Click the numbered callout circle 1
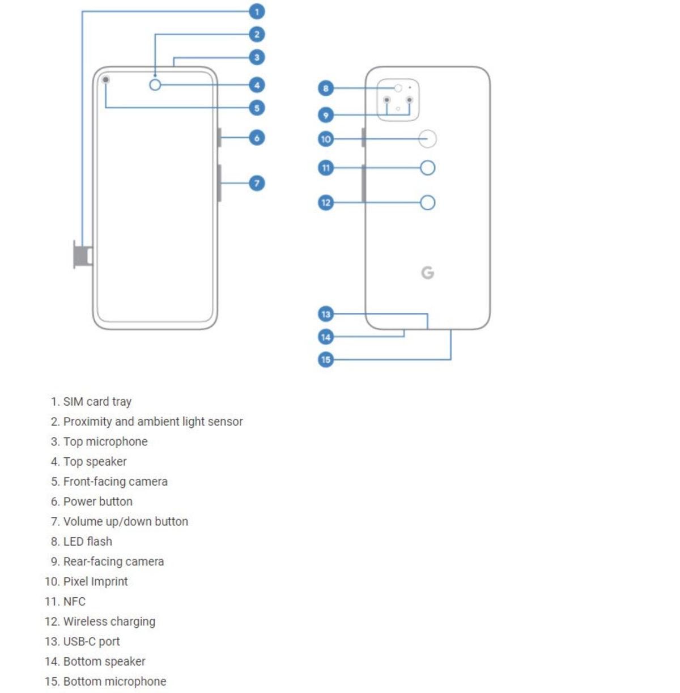click(257, 11)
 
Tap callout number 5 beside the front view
click(257, 108)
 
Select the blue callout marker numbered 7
click(257, 183)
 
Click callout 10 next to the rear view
click(326, 139)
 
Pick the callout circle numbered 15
click(326, 359)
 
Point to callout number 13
click(326, 314)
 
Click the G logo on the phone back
click(428, 273)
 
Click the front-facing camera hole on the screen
click(106, 80)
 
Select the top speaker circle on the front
click(155, 85)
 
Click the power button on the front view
click(219, 137)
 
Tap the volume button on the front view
click(219, 182)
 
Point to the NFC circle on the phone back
click(428, 168)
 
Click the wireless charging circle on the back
click(428, 203)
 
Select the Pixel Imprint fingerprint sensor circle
click(428, 139)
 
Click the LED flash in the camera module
click(398, 88)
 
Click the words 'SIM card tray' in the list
click(97, 402)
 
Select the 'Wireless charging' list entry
click(109, 622)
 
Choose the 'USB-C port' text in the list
click(91, 641)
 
